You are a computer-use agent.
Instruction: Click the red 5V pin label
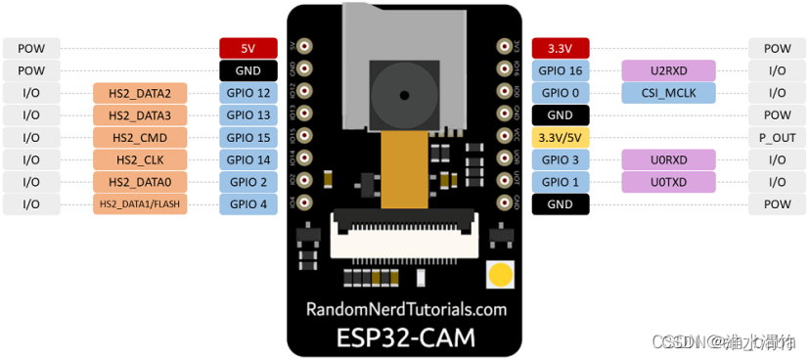pos(247,48)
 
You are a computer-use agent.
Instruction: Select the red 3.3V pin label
pos(561,48)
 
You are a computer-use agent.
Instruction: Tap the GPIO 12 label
pos(247,93)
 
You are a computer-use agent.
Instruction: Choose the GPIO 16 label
pos(561,70)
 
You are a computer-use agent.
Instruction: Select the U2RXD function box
pos(668,70)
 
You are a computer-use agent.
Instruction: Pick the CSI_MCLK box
pos(668,93)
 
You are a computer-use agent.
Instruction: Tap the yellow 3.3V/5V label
pos(561,137)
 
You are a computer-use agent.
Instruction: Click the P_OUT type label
pos(777,137)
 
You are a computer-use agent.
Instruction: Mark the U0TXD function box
pos(668,182)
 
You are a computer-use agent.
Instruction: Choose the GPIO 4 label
pos(247,204)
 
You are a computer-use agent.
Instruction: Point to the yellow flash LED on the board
pos(501,275)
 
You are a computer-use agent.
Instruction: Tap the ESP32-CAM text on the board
pos(406,337)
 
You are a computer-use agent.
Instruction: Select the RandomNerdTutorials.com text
pos(406,309)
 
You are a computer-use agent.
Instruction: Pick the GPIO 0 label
pos(561,93)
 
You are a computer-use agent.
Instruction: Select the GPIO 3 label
pos(561,159)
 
